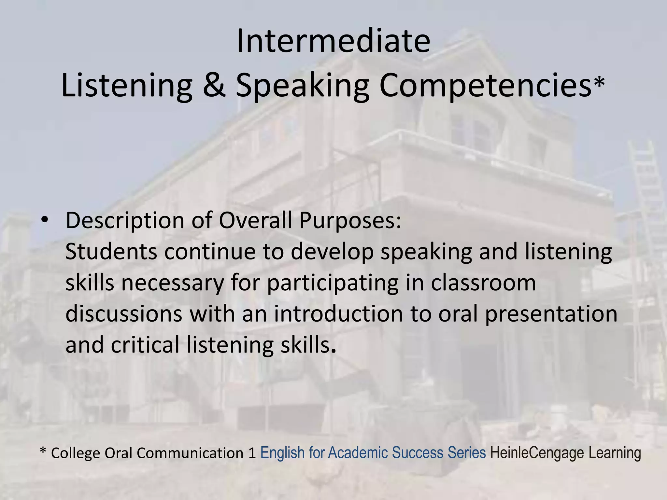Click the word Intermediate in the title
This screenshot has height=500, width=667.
333,41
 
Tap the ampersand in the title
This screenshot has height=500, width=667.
214,85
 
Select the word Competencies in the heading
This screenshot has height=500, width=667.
485,85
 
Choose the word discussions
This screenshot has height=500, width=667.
124,314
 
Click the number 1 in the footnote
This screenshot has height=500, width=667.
252,453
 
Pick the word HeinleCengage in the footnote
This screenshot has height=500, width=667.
537,453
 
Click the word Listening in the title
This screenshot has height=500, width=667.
126,85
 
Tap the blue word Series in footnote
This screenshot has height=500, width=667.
467,453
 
